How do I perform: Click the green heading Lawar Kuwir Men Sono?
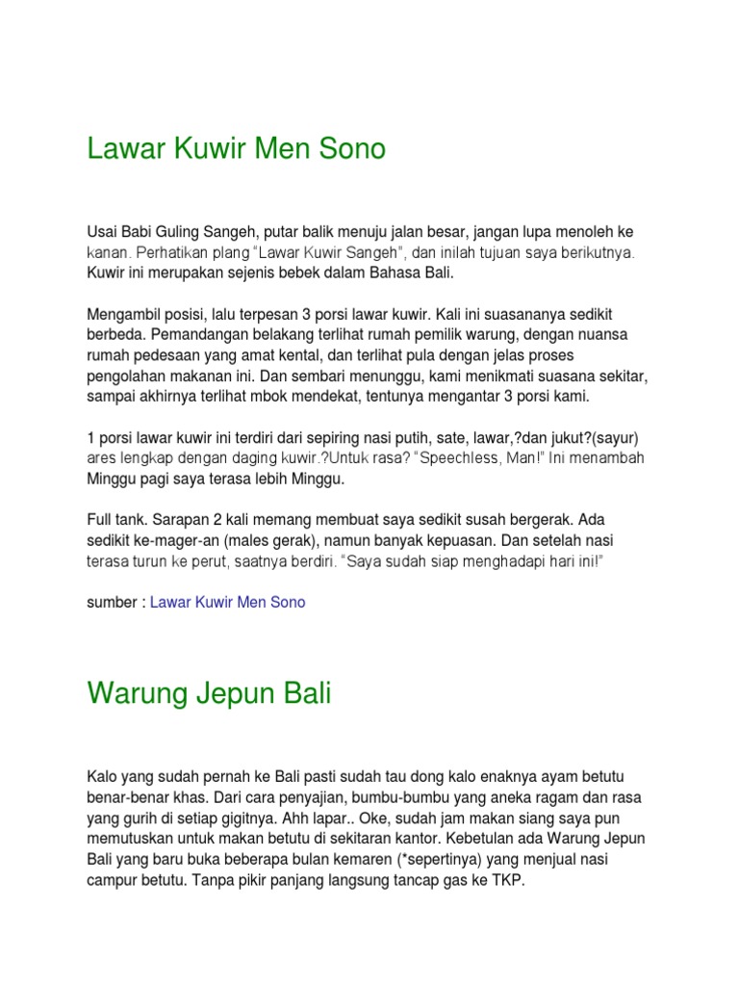point(236,149)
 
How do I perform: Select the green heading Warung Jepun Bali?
point(209,693)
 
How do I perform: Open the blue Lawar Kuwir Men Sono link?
point(228,602)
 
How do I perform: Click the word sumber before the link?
point(113,602)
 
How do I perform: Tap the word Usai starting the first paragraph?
point(102,234)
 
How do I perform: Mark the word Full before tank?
point(101,519)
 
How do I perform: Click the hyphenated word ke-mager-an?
point(189,539)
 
